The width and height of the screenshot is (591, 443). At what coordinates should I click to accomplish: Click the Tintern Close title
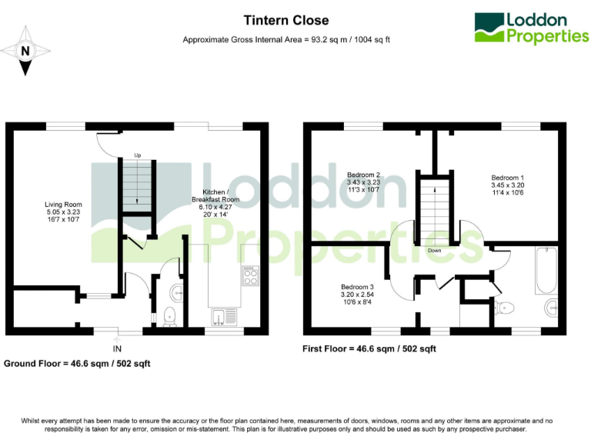[x=286, y=21]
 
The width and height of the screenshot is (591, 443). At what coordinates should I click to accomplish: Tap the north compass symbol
[x=26, y=51]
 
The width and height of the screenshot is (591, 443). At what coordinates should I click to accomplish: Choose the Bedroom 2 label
[x=364, y=182]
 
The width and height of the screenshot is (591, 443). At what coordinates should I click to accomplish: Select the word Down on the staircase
[x=434, y=250]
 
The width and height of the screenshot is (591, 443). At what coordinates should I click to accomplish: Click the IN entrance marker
[x=117, y=348]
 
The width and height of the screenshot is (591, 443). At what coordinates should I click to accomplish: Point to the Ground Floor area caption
[x=76, y=362]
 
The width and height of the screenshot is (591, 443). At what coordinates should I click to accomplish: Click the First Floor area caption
[x=369, y=348]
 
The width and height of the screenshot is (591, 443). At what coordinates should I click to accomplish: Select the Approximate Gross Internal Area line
[x=286, y=39]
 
